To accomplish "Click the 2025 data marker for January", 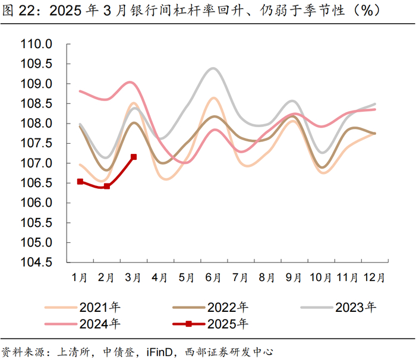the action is pyautogui.click(x=80, y=181).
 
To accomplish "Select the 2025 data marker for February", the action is pyautogui.click(x=107, y=186).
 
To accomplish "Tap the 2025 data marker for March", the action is pyautogui.click(x=134, y=157).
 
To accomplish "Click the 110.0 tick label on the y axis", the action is pyautogui.click(x=36, y=44).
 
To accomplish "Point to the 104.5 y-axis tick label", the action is pyautogui.click(x=36, y=263).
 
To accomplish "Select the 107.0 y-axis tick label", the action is pyautogui.click(x=36, y=163).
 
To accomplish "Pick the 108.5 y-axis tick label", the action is pyautogui.click(x=36, y=103).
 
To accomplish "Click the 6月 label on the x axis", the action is pyautogui.click(x=213, y=277).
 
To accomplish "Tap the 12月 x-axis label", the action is pyautogui.click(x=374, y=277).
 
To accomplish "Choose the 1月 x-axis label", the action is pyautogui.click(x=79, y=277).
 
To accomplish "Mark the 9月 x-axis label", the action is pyautogui.click(x=294, y=277).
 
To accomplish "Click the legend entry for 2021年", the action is pyautogui.click(x=83, y=308).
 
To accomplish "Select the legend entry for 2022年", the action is pyautogui.click(x=210, y=308).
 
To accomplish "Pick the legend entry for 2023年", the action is pyautogui.click(x=338, y=308).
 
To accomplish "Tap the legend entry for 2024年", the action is pyautogui.click(x=83, y=324).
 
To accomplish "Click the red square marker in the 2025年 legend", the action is pyautogui.click(x=188, y=324).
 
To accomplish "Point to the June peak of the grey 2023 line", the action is pyautogui.click(x=213, y=68).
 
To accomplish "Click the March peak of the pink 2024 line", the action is pyautogui.click(x=131, y=82).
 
